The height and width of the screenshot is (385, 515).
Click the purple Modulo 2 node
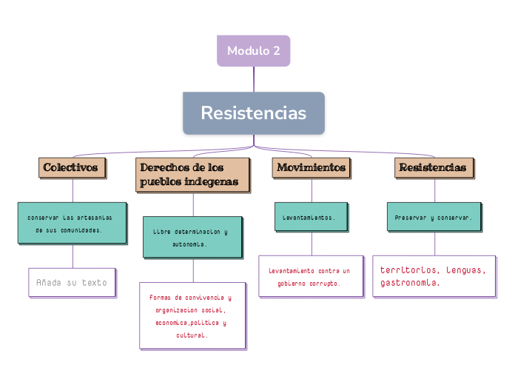coord(253,51)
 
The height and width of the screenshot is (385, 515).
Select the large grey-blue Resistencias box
coord(253,113)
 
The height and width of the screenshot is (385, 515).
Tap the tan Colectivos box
coord(71,167)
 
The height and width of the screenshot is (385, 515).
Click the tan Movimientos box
coord(311,167)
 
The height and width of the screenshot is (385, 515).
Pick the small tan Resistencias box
coord(433,167)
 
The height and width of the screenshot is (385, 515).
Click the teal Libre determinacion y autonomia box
coord(192,237)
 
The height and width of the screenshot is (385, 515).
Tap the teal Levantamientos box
coord(310,217)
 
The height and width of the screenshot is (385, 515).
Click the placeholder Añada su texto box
coord(72,282)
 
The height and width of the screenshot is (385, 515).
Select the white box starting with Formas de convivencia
coord(192,315)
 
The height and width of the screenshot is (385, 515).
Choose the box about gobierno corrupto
coord(310,276)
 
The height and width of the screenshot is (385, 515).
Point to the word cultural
coord(192,335)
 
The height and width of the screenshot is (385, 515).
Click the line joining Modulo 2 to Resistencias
coord(254,79)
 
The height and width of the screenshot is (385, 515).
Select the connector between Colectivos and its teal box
coord(73,190)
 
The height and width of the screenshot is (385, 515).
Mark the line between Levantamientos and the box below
coord(312,244)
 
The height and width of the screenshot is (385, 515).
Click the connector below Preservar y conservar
coord(434,244)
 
